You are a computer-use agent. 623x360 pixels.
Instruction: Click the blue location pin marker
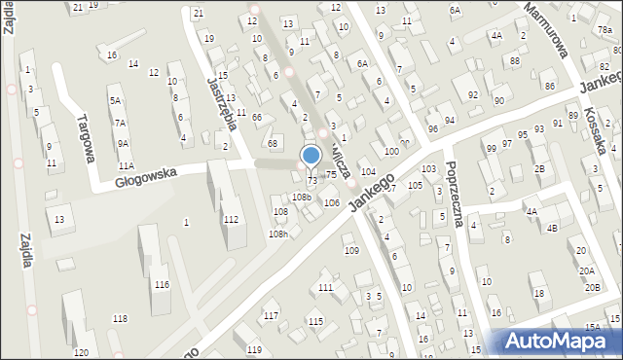pyautogui.click(x=311, y=156)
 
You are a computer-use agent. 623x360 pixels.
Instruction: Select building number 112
pyautogui.click(x=230, y=219)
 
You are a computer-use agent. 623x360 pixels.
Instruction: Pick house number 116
pyautogui.click(x=162, y=284)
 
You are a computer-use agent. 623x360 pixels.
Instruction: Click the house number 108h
pyautogui.click(x=279, y=234)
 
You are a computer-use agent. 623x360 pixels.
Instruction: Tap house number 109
pyautogui.click(x=351, y=251)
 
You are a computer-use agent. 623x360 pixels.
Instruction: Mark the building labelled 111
pyautogui.click(x=325, y=287)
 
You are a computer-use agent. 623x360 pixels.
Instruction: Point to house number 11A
pyautogui.click(x=126, y=167)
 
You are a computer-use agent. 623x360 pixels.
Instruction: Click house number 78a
pyautogui.click(x=604, y=31)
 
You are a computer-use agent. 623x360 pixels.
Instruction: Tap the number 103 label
pyautogui.click(x=428, y=169)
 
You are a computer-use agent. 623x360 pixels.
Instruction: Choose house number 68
pyautogui.click(x=273, y=144)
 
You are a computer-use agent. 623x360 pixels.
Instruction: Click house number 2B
pyautogui.click(x=539, y=168)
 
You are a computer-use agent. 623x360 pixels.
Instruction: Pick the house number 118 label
pyautogui.click(x=120, y=319)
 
